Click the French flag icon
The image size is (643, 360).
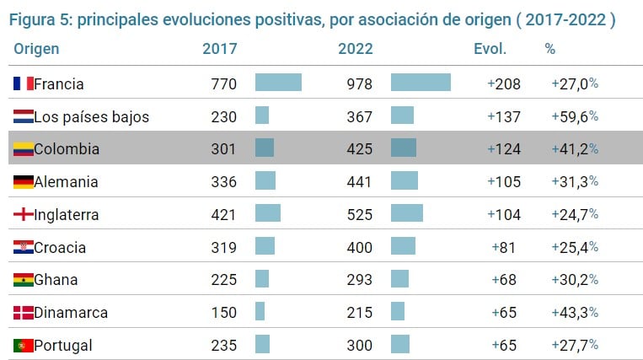click(24, 83)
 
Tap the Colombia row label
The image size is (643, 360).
click(67, 149)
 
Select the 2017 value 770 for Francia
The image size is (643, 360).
click(224, 83)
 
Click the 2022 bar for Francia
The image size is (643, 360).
click(421, 83)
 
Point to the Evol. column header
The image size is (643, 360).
click(490, 49)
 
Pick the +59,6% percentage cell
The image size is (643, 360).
click(575, 116)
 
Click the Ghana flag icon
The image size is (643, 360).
click(24, 280)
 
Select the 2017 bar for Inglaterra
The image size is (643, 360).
click(268, 214)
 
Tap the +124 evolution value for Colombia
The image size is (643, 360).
click(504, 149)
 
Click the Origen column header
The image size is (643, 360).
click(36, 49)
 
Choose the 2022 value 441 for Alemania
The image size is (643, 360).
click(360, 182)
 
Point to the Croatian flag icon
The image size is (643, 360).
click(24, 247)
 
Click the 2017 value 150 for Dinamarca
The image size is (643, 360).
click(224, 313)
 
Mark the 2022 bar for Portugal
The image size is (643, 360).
click(400, 345)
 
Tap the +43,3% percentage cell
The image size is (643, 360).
click(575, 313)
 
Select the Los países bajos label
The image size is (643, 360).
click(91, 116)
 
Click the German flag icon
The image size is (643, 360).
click(24, 181)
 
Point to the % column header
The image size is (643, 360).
click(550, 49)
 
